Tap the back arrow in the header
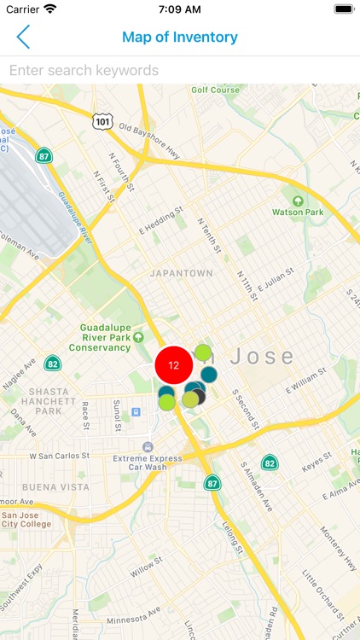(x=23, y=37)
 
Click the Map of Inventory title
(x=180, y=37)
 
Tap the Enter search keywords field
(x=180, y=70)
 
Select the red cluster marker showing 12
(x=174, y=365)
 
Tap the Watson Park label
(x=298, y=211)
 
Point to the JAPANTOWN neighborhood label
(x=181, y=273)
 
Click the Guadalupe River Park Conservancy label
(x=116, y=337)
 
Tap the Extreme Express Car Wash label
(x=148, y=463)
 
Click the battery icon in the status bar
(x=343, y=9)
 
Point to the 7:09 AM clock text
(x=179, y=9)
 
